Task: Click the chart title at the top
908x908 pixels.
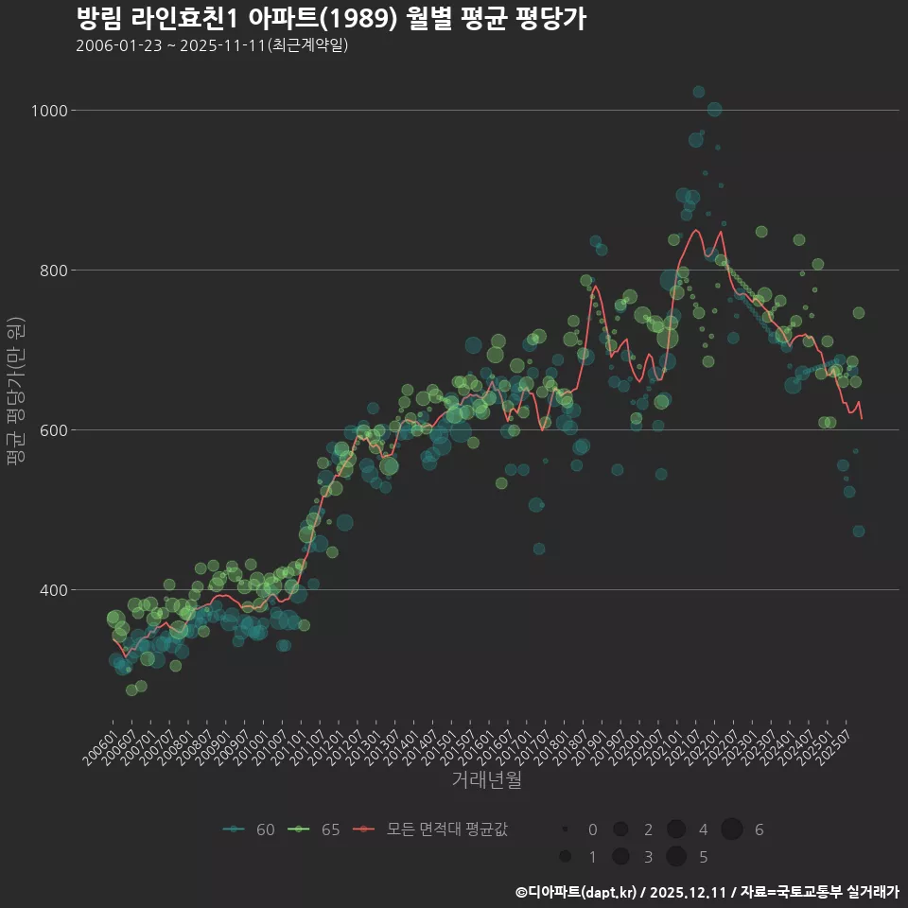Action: (x=330, y=19)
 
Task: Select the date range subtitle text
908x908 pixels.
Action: (x=212, y=45)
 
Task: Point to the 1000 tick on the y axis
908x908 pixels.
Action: (x=49, y=111)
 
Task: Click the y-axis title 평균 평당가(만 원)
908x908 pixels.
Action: (x=15, y=393)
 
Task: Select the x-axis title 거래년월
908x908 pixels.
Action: (x=486, y=780)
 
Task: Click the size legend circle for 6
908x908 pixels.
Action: (x=731, y=829)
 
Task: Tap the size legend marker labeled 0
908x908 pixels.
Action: (x=565, y=829)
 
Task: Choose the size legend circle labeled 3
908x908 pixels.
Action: (x=620, y=857)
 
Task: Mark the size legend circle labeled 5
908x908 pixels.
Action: (x=675, y=857)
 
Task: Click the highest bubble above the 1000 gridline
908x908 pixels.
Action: (x=699, y=92)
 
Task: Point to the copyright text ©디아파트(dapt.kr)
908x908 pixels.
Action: (x=577, y=892)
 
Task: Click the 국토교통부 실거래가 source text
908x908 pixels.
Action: (x=832, y=892)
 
